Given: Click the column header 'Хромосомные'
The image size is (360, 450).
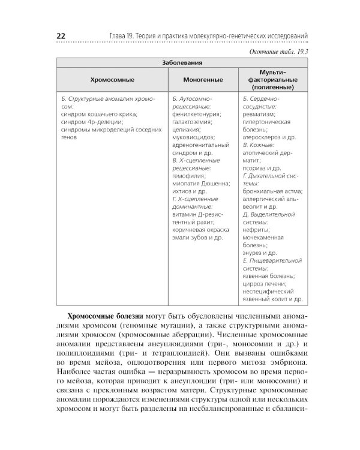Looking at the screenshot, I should (x=112, y=79).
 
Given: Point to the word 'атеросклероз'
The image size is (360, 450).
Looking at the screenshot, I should (x=262, y=137).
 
